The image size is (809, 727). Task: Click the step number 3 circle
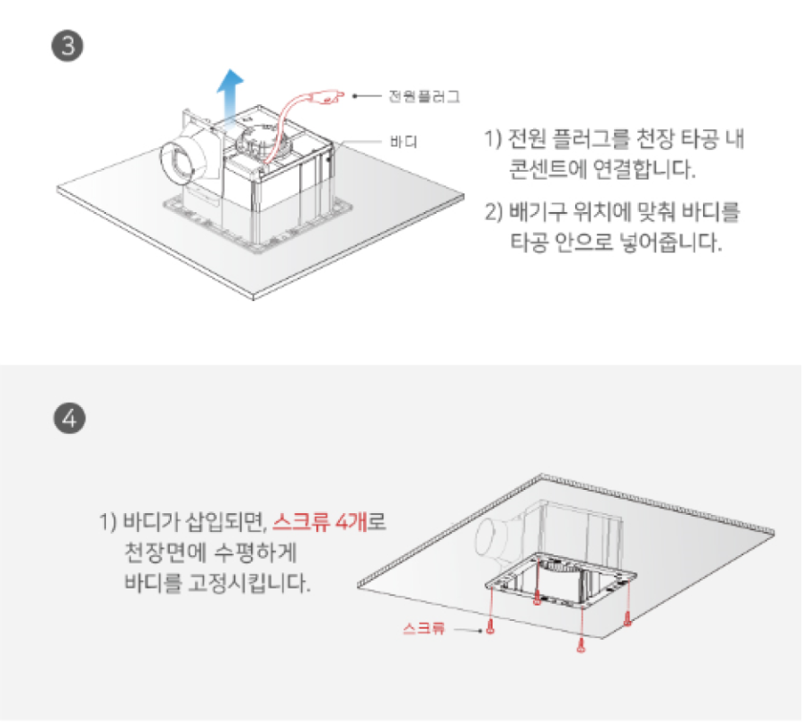[x=67, y=46]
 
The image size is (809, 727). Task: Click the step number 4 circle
[x=69, y=418]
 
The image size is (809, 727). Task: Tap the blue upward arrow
[x=229, y=95]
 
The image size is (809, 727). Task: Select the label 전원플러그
[x=424, y=96]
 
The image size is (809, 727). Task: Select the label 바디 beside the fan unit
[x=404, y=141]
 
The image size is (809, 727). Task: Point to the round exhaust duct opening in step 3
[x=178, y=164]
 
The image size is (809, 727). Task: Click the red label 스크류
[x=423, y=628]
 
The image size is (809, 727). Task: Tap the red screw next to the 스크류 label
[x=490, y=626]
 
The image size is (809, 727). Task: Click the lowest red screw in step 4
[x=581, y=645]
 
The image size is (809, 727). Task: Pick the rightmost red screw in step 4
[x=627, y=618]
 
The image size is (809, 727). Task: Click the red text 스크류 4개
[x=320, y=521]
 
